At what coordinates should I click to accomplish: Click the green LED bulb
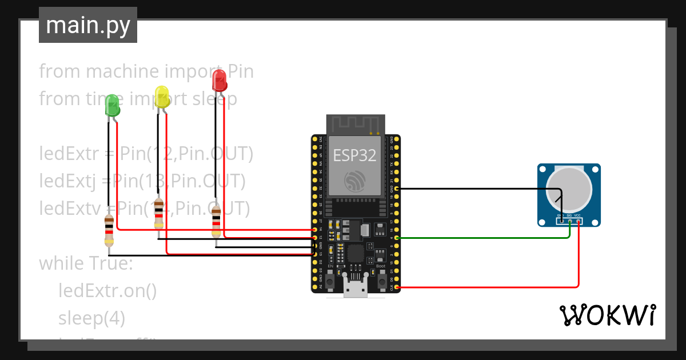coord(112,105)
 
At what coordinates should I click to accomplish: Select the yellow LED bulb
coord(162,96)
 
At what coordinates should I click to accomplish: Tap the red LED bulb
coord(219,80)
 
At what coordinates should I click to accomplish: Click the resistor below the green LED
coord(109,231)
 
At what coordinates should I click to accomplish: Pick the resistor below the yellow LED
coord(158,214)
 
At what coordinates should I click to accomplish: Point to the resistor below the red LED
coord(216,223)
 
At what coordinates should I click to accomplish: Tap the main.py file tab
coord(88,25)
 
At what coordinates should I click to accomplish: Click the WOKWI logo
coord(607,315)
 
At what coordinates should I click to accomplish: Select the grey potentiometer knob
coord(568,189)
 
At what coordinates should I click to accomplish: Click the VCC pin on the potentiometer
coord(579,221)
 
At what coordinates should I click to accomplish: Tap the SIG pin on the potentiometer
coord(570,221)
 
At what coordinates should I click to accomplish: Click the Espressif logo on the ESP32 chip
coord(355,181)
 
